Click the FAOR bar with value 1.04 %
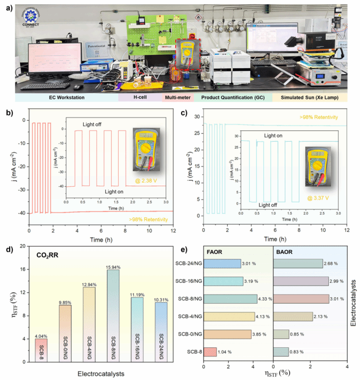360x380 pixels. pyautogui.click(x=210, y=352)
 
